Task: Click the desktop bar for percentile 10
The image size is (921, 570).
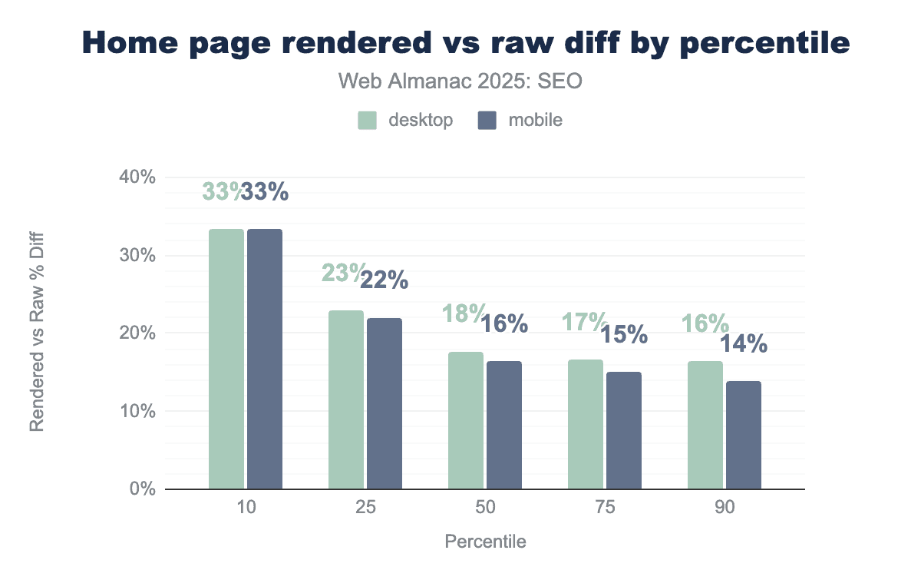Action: (x=226, y=359)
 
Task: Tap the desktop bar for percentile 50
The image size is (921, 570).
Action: (x=466, y=420)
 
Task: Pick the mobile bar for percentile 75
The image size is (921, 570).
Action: (x=623, y=430)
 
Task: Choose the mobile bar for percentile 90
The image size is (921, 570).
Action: (x=743, y=435)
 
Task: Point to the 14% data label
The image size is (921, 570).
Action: (x=743, y=344)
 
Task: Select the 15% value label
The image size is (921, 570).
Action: (x=623, y=335)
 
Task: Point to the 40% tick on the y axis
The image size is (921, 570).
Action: (x=138, y=177)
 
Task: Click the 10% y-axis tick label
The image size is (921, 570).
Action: (x=138, y=411)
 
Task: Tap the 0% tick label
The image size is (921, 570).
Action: (x=143, y=489)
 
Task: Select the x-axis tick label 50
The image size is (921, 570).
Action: (x=484, y=509)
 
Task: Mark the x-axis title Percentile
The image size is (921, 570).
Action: (x=485, y=542)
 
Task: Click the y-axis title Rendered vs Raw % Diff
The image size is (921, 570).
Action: (x=36, y=333)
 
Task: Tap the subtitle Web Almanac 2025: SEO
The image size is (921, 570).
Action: (x=460, y=81)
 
